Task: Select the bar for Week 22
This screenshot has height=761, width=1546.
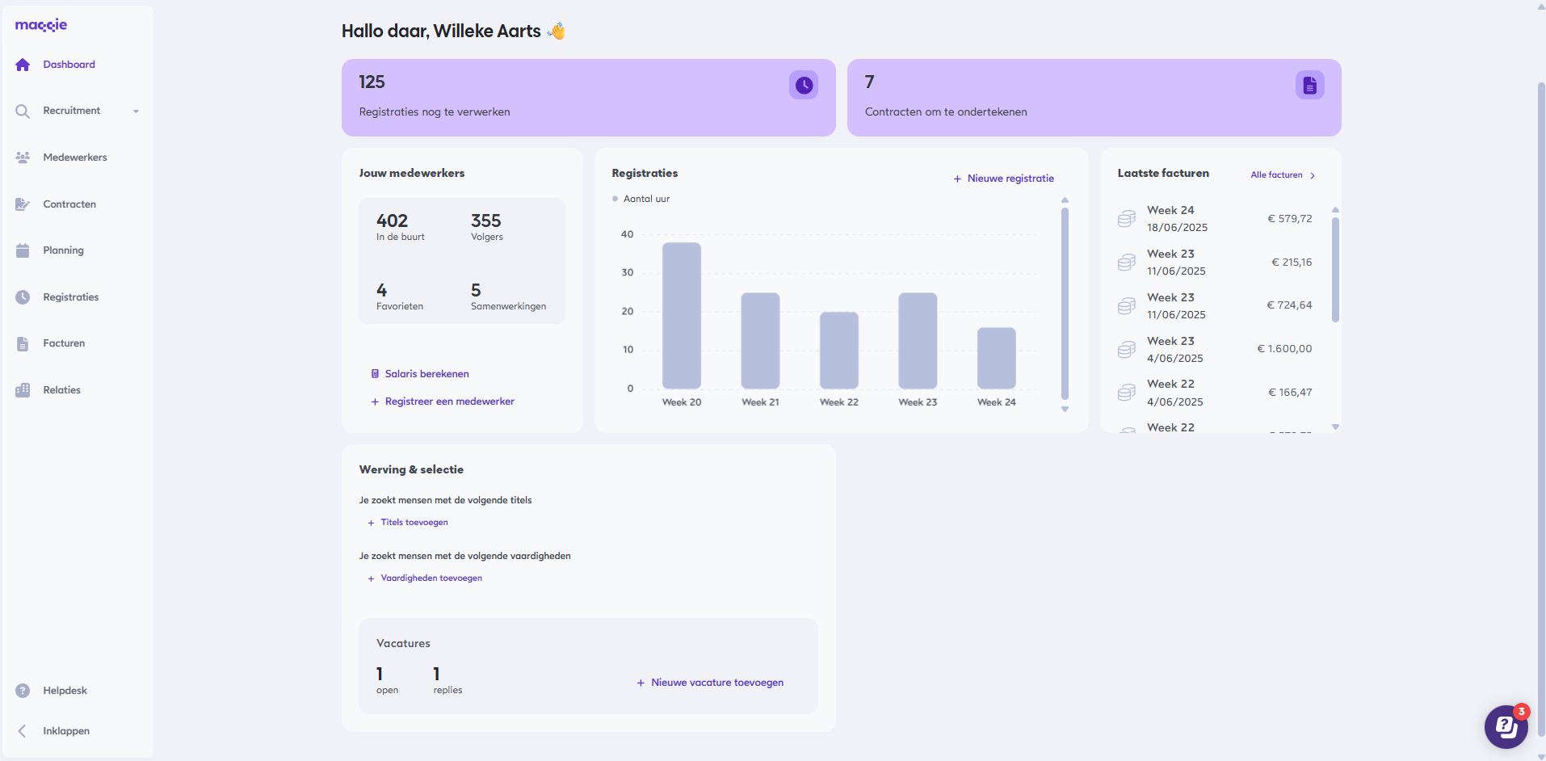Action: click(x=838, y=350)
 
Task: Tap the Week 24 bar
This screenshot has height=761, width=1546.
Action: click(x=996, y=358)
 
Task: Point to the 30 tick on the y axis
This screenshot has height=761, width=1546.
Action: click(x=628, y=273)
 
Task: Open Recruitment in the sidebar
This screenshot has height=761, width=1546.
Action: click(x=72, y=111)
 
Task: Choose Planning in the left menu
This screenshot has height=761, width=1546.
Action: click(x=63, y=250)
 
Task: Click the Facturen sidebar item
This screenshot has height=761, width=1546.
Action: click(x=64, y=343)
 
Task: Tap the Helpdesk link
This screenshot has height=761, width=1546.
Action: click(x=65, y=691)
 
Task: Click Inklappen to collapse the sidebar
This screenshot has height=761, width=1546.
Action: click(x=65, y=731)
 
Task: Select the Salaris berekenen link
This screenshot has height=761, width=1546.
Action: click(x=426, y=374)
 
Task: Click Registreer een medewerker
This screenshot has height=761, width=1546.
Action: click(x=448, y=402)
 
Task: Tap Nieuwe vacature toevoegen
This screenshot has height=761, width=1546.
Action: click(x=716, y=683)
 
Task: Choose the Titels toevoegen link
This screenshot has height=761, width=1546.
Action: click(x=414, y=523)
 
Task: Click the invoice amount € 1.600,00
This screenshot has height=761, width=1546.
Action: click(x=1284, y=349)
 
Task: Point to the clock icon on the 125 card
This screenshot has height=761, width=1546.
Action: click(x=804, y=85)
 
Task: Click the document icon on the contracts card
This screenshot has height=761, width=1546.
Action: click(x=1309, y=85)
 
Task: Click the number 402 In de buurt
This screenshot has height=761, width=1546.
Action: click(x=392, y=221)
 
